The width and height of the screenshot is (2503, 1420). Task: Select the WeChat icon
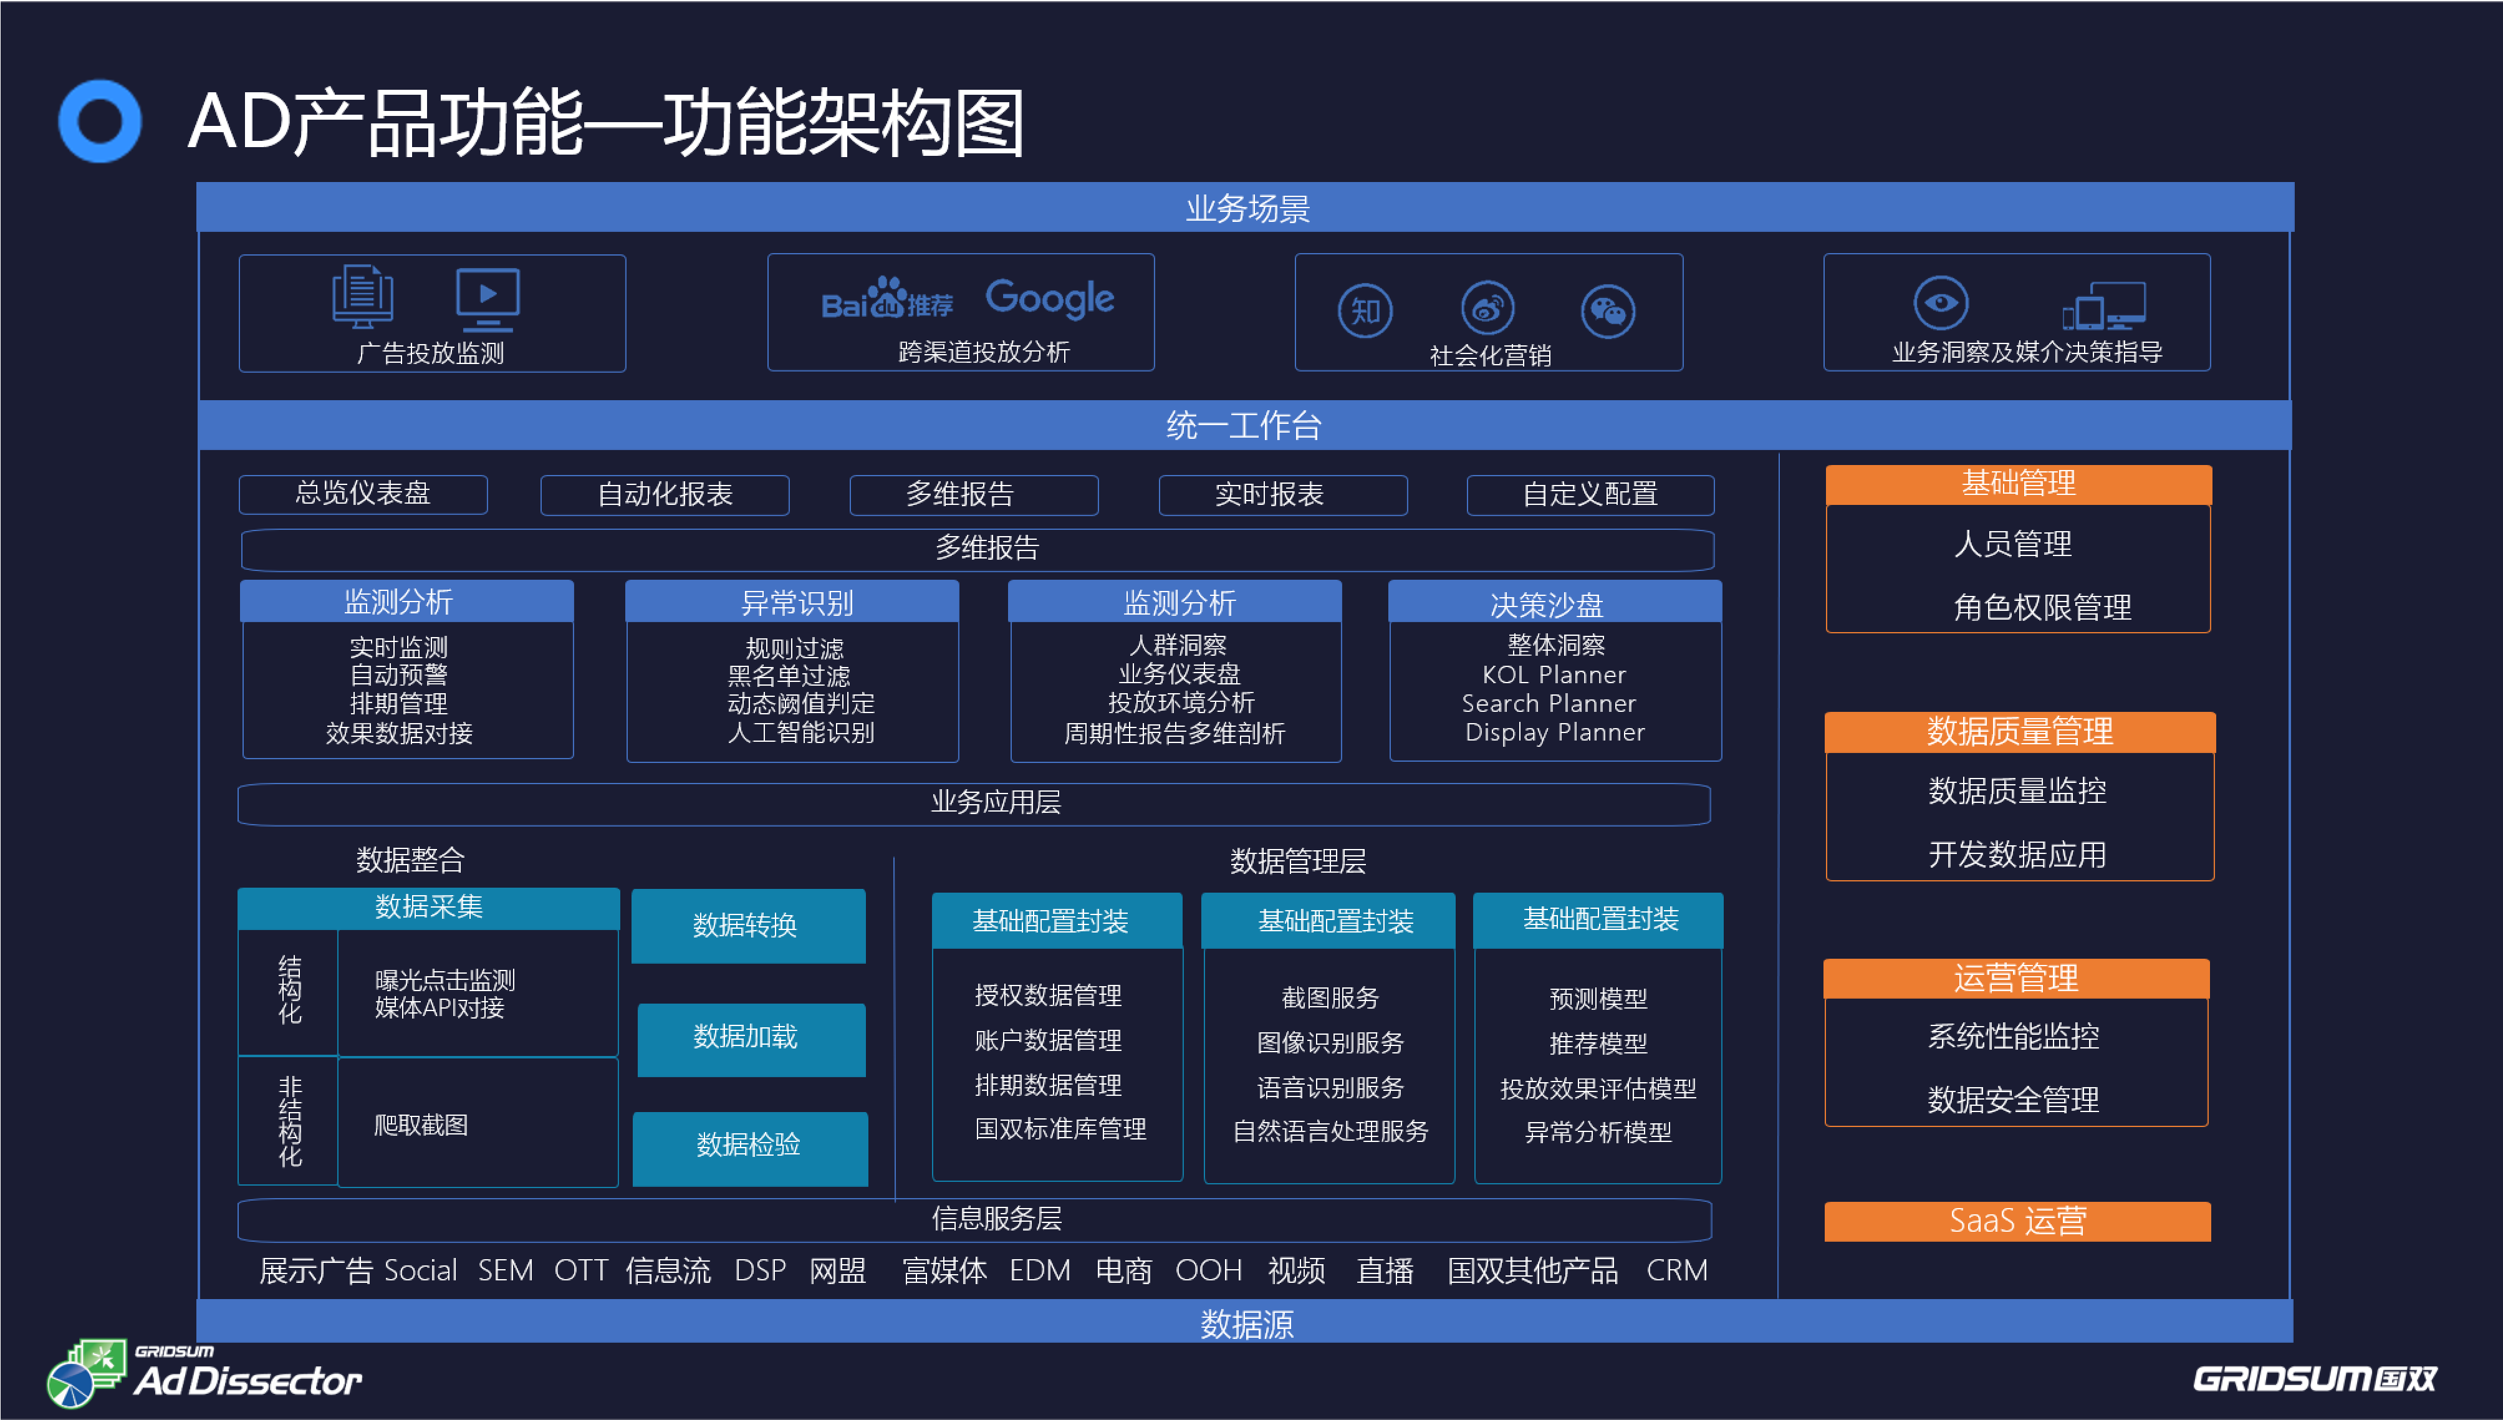[1607, 311]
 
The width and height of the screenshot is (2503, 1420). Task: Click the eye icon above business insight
[1941, 302]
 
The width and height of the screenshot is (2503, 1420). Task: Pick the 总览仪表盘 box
[363, 494]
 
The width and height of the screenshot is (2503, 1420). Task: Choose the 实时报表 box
[1282, 494]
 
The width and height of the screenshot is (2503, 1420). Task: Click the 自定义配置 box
[1590, 494]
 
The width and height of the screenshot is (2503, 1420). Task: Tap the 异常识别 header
[792, 602]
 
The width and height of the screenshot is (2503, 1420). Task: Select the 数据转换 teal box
[748, 924]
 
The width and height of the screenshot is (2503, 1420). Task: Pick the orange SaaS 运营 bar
[2017, 1221]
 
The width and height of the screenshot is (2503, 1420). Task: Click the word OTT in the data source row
[580, 1270]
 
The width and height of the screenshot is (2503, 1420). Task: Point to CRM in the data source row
[1676, 1270]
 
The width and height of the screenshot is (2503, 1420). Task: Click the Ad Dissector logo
[204, 1373]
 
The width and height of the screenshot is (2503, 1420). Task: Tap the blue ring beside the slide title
[100, 121]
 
